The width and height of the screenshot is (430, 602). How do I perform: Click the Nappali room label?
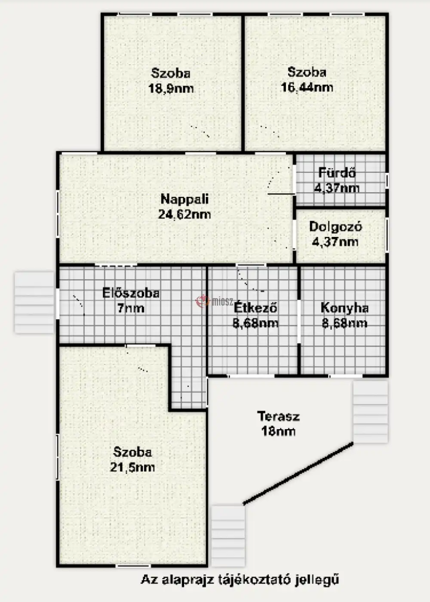coord(184,200)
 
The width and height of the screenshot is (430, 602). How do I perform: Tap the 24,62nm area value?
coord(184,215)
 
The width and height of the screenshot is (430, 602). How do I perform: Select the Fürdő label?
coord(337,172)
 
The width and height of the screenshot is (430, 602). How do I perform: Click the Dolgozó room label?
coord(336,227)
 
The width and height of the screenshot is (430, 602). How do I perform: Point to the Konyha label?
coord(344,308)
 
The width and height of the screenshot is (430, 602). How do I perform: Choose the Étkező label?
coord(255,307)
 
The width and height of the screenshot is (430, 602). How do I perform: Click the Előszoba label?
coord(131,293)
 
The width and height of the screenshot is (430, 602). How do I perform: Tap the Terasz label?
coord(279,417)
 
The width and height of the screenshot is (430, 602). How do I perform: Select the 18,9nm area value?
coord(171,89)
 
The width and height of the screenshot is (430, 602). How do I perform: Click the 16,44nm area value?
coord(307,87)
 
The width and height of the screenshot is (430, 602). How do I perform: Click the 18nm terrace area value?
coord(279,432)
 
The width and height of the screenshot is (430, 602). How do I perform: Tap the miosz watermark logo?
coord(214,301)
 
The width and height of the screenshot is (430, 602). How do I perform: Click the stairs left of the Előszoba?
coord(34,303)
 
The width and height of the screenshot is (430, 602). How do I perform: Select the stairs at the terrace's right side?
coord(370,412)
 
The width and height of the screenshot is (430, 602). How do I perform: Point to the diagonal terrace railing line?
coord(298,473)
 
